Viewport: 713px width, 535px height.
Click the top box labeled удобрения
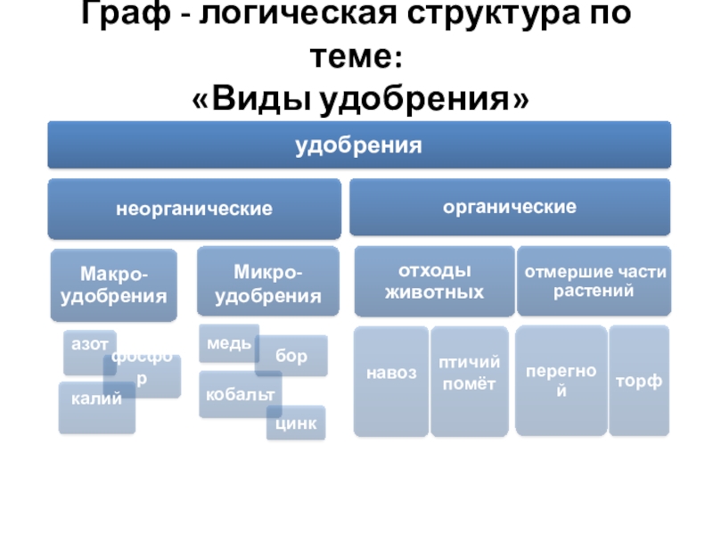click(358, 144)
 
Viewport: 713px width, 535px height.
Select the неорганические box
click(193, 209)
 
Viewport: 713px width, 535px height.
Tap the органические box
click(509, 207)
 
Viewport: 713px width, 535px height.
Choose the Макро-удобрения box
click(114, 284)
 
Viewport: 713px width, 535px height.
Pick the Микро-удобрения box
click(267, 282)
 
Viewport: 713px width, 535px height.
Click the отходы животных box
click(434, 281)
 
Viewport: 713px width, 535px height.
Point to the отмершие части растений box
click(594, 281)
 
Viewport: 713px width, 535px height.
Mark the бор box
click(291, 357)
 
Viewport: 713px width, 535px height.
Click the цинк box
click(297, 424)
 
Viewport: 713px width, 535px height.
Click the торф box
click(639, 381)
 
